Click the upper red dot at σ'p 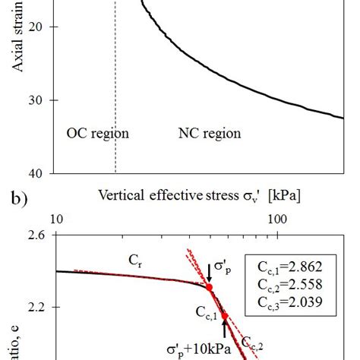click(x=210, y=288)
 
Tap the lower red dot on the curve click(x=224, y=315)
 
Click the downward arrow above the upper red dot click(x=210, y=273)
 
